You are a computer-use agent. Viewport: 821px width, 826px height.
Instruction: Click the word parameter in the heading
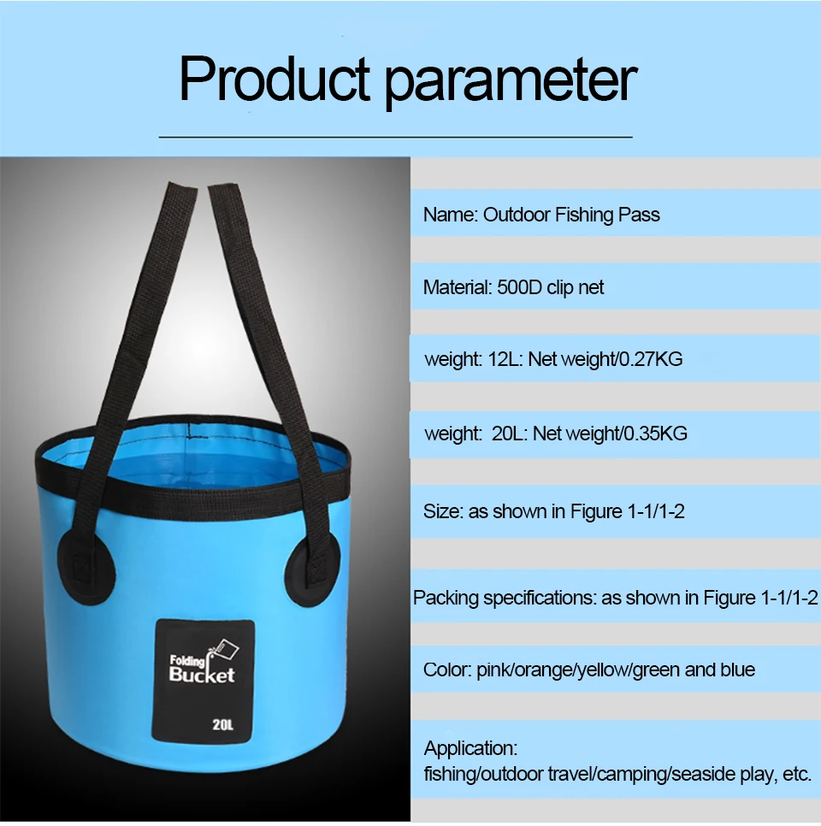pyautogui.click(x=511, y=81)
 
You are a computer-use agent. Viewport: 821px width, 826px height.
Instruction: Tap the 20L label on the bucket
pyautogui.click(x=223, y=725)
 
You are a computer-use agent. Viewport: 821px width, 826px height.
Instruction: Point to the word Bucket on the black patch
pyautogui.click(x=202, y=676)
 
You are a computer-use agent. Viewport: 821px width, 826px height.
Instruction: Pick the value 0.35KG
pyautogui.click(x=655, y=434)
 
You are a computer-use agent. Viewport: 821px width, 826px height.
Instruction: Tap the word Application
pyautogui.click(x=470, y=749)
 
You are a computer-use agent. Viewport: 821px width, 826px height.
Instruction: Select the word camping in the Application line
pyautogui.click(x=633, y=775)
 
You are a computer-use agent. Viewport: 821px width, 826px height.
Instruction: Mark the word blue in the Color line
pyautogui.click(x=738, y=670)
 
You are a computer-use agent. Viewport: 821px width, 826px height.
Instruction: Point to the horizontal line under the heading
pyautogui.click(x=395, y=137)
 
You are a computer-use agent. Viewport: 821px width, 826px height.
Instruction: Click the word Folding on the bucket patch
pyautogui.click(x=187, y=661)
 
